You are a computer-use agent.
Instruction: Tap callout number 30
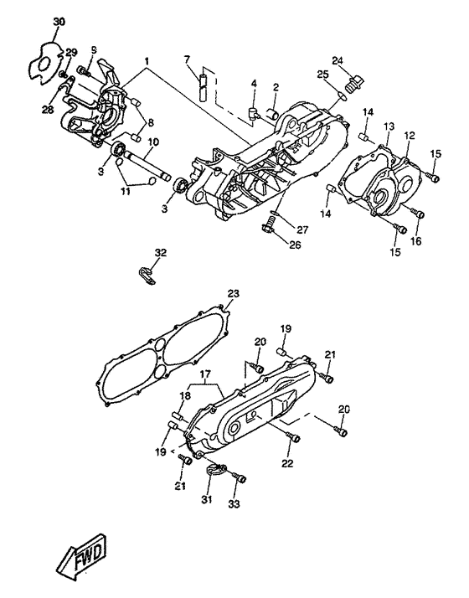pos(59,22)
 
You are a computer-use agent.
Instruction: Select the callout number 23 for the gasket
pos(233,294)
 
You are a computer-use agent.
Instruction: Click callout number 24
pos(337,60)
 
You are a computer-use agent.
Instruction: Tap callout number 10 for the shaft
pos(153,142)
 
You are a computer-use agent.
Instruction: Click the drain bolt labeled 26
pos(269,224)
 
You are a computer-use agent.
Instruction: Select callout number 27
pos(302,230)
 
